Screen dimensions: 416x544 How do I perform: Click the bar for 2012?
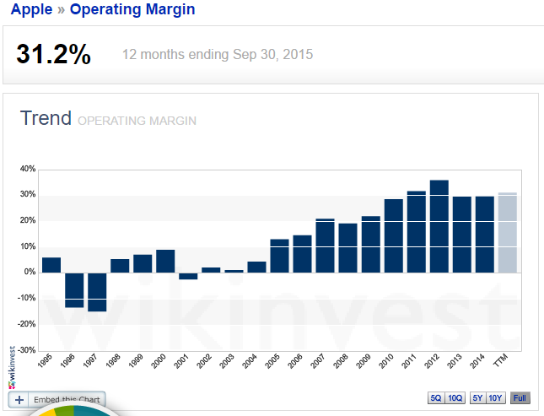point(439,226)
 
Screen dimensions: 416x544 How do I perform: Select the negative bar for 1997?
point(97,292)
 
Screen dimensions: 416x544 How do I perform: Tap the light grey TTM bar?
point(507,233)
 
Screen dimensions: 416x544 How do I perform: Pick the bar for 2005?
point(279,256)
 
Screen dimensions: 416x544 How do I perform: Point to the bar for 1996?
point(74,289)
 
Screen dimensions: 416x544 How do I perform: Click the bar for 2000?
point(165,261)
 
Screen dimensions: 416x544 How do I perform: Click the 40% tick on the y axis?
point(27,169)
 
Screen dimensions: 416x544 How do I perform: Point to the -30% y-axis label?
point(25,350)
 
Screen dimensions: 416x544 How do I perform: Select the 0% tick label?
point(30,273)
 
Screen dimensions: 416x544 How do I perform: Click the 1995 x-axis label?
point(46,364)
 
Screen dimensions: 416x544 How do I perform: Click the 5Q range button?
point(435,398)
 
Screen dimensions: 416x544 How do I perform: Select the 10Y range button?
point(496,398)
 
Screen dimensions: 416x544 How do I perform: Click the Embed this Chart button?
point(57,399)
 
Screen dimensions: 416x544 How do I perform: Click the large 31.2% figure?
point(53,55)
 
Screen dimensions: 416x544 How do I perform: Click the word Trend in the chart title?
point(46,118)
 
